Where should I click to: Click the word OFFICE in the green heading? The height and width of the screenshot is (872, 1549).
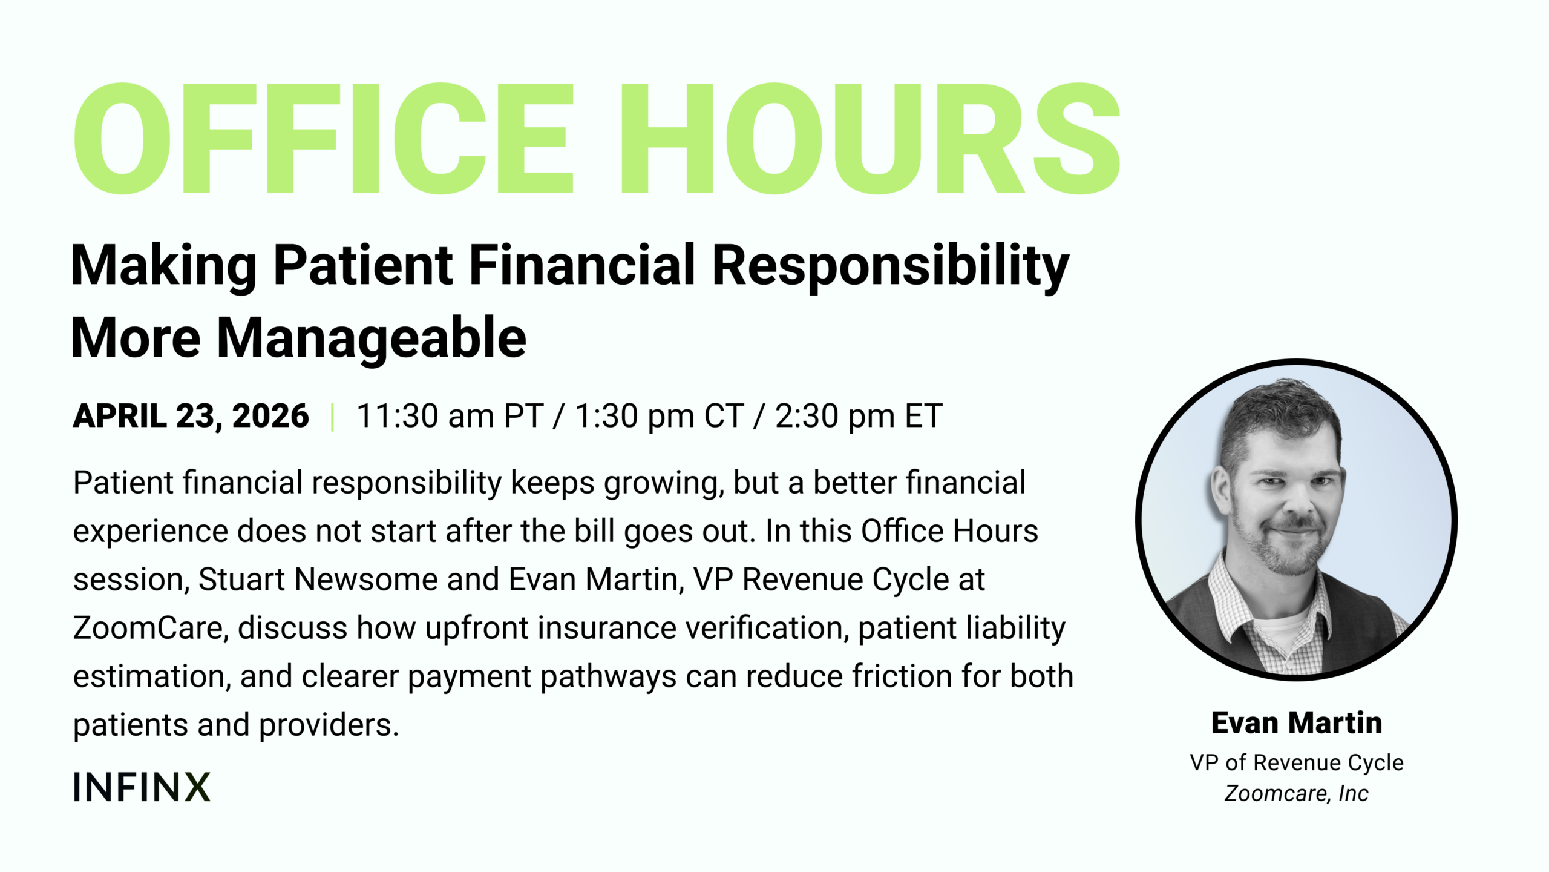324,139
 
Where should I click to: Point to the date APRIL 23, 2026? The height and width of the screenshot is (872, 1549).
191,416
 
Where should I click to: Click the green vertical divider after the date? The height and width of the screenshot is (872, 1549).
333,417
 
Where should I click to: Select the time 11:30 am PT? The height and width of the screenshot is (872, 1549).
450,416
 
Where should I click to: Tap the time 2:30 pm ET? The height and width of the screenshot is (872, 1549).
859,416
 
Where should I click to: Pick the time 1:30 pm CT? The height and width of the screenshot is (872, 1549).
659,416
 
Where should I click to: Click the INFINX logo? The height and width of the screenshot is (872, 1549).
142,787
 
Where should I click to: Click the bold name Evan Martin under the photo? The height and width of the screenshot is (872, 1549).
1297,723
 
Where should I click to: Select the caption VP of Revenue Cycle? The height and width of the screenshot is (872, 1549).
1297,763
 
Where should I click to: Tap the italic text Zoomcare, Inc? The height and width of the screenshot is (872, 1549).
1297,793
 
